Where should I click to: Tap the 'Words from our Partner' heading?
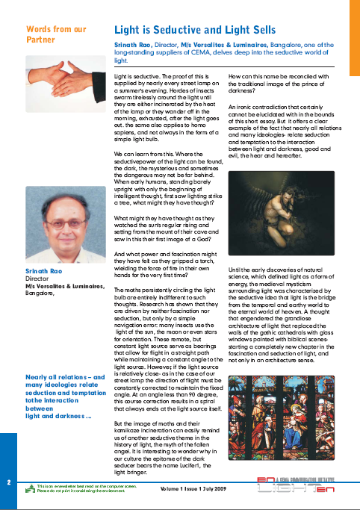pos(56,34)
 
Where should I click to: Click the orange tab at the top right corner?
pos(353,37)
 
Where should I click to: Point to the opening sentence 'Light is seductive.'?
pos(138,78)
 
